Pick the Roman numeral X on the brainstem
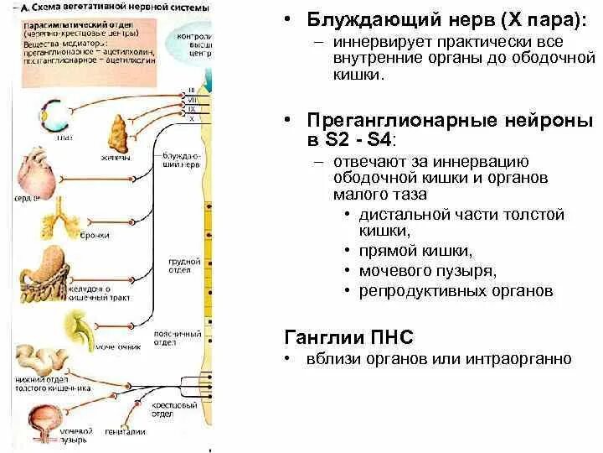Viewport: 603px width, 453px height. [x=192, y=119]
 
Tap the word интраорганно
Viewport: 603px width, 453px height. [x=523, y=358]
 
